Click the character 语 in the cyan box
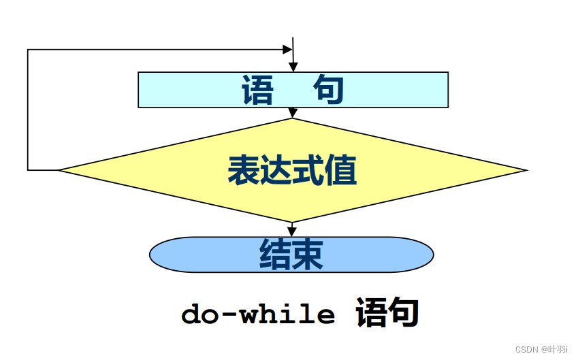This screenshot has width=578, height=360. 257,90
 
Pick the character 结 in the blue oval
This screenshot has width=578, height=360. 275,255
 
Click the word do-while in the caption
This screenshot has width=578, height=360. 258,315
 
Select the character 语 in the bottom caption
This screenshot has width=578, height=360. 371,314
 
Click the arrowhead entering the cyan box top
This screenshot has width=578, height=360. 293,67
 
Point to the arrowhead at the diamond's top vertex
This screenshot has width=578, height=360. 293,113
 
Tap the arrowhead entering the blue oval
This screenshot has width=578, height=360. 293,231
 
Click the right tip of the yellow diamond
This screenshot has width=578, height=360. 526,169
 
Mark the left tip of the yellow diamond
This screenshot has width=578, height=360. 60,169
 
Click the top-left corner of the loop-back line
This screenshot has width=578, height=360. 28,50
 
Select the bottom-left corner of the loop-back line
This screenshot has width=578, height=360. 28,169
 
